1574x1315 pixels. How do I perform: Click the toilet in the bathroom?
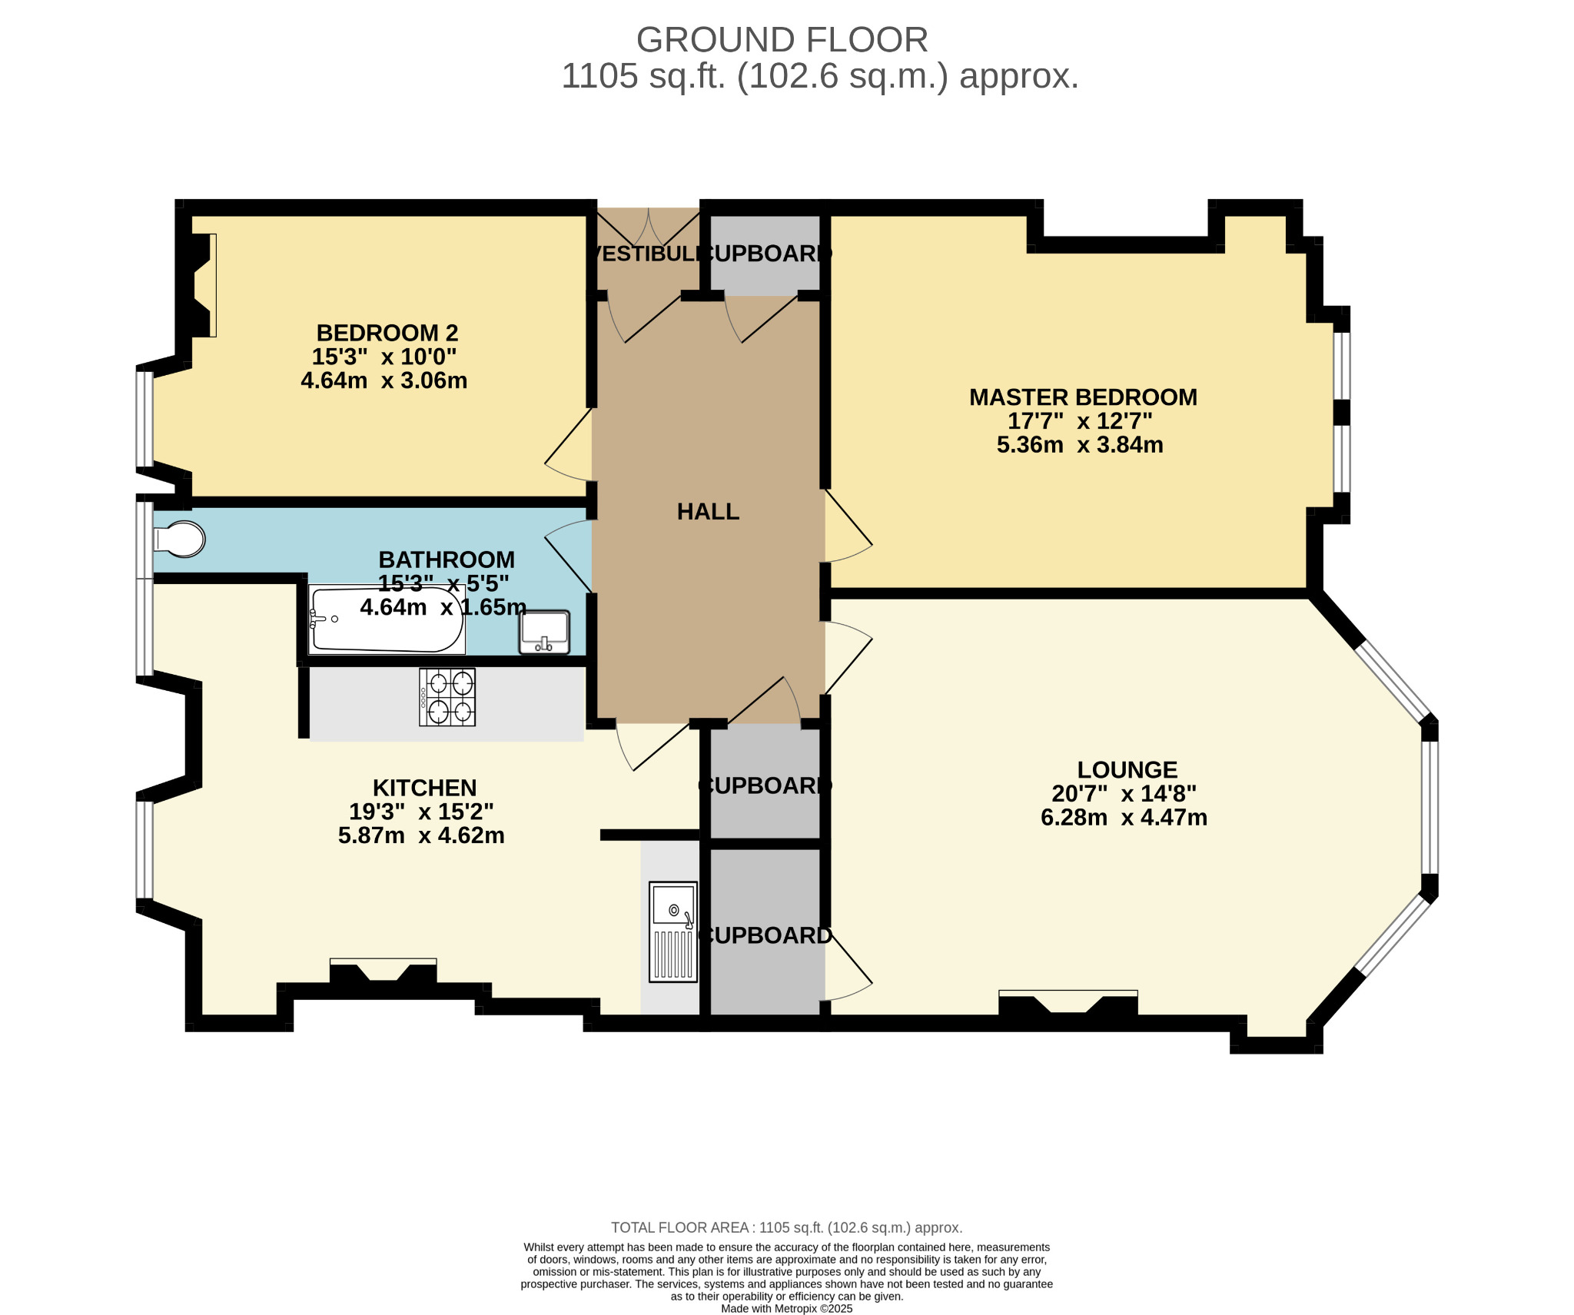click(x=181, y=539)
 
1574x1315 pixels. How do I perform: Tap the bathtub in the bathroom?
click(x=387, y=621)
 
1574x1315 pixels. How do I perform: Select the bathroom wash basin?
click(x=544, y=632)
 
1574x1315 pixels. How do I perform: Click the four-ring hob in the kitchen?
click(x=447, y=697)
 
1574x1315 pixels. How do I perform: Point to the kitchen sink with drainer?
click(x=673, y=931)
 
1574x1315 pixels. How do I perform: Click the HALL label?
click(x=708, y=512)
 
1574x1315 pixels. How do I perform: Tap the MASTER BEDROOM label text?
click(x=1083, y=397)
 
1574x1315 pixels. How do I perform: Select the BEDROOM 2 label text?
click(x=387, y=333)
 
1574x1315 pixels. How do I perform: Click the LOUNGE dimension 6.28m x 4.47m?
click(x=1124, y=818)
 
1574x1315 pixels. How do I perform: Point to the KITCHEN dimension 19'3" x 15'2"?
click(x=421, y=812)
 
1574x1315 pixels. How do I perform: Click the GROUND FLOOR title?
click(x=782, y=40)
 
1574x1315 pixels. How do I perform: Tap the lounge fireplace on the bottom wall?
click(x=1068, y=1003)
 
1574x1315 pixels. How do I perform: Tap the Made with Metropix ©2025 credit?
click(x=786, y=1309)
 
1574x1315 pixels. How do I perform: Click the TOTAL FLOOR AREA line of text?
click(x=786, y=1228)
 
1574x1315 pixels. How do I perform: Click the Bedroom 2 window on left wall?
click(x=144, y=419)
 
